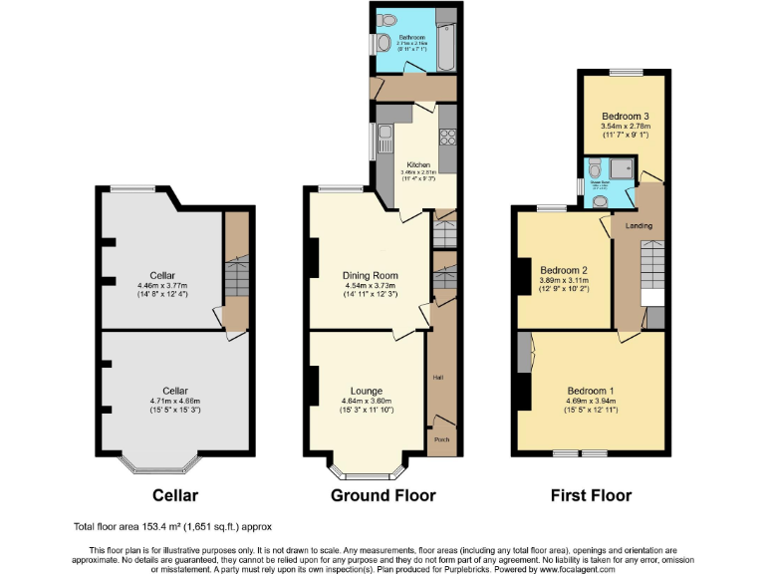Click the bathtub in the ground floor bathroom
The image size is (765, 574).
tap(445, 40)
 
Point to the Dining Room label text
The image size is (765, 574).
tap(370, 275)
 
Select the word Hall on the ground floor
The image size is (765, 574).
tap(437, 378)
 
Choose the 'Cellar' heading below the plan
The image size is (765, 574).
tap(175, 495)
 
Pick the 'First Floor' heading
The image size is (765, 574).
tap(592, 495)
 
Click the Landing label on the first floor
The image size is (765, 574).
tap(638, 225)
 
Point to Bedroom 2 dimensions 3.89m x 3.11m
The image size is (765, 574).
tap(565, 281)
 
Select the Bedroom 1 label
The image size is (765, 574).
tap(591, 390)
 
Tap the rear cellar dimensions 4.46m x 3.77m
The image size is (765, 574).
tap(162, 285)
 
